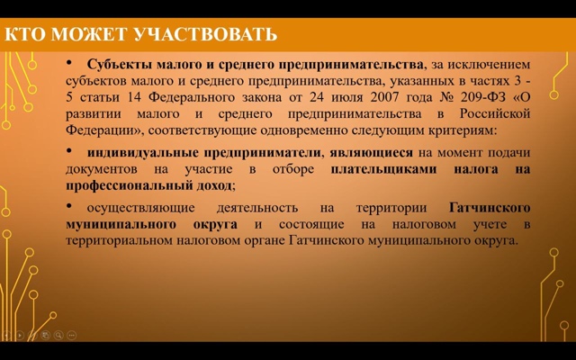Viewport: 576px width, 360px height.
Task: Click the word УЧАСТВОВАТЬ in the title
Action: (x=205, y=34)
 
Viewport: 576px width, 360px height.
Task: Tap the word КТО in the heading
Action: (x=25, y=34)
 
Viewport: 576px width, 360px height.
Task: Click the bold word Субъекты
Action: (x=120, y=64)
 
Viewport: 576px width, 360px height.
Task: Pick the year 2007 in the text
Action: (x=384, y=97)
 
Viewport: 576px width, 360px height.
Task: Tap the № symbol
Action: (x=445, y=97)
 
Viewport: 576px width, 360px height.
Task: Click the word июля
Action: (x=346, y=98)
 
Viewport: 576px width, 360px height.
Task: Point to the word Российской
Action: (x=495, y=113)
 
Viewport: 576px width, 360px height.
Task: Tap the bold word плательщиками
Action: (x=384, y=169)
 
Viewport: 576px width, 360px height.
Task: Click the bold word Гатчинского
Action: (x=490, y=208)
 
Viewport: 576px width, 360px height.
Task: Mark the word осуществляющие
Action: (x=140, y=208)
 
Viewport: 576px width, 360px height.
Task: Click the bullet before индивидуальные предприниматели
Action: (x=69, y=150)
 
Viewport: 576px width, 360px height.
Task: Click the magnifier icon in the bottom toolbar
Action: (x=58, y=335)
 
